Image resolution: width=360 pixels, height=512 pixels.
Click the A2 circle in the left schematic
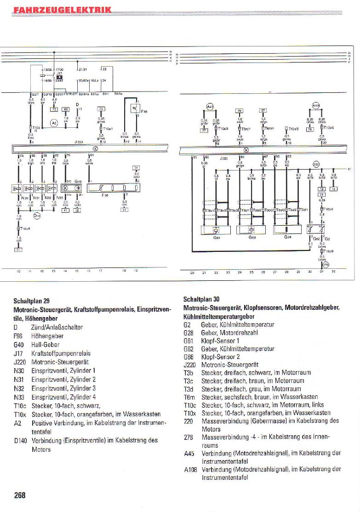[x=54, y=123]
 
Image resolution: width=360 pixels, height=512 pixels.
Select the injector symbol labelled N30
[x=18, y=188]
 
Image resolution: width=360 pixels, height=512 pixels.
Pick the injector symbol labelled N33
[x=53, y=188]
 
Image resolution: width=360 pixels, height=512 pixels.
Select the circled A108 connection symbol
[x=316, y=105]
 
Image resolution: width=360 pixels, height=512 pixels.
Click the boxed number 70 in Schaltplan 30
[x=239, y=110]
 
